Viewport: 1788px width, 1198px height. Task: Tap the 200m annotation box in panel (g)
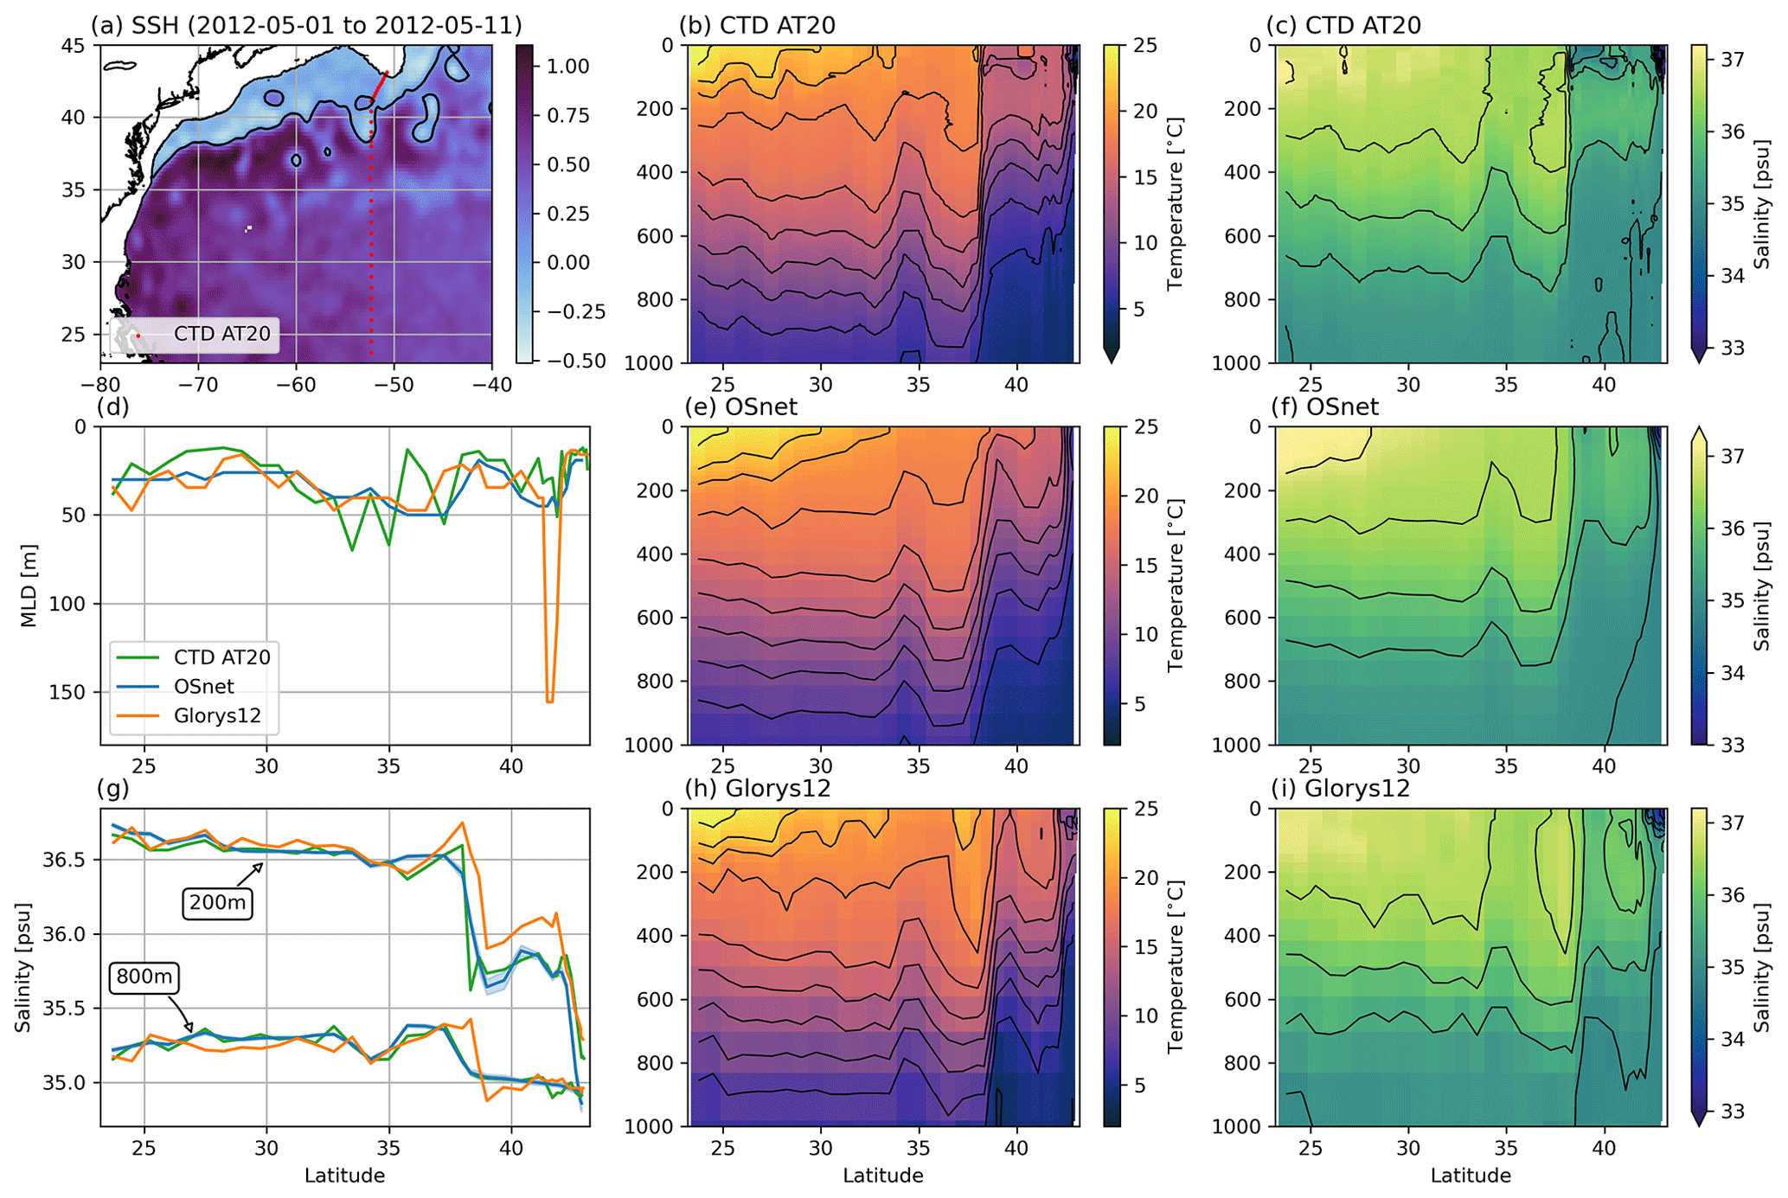coord(217,903)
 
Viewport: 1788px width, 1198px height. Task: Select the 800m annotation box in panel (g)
coord(144,977)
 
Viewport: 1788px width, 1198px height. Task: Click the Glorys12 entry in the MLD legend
coord(217,715)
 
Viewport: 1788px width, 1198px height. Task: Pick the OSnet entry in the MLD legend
coord(204,686)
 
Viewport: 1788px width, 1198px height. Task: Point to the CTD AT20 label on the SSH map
coord(222,334)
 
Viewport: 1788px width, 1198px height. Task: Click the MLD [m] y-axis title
coord(29,586)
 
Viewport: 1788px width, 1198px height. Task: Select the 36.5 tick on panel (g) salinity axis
coord(68,860)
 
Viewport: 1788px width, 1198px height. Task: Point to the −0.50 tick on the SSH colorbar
coord(572,361)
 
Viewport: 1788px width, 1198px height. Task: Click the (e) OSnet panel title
coord(740,407)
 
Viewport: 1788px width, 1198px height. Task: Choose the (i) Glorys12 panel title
coord(1338,789)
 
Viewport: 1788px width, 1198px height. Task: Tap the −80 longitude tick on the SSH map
coord(101,384)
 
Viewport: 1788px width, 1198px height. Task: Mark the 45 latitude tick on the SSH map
coord(75,46)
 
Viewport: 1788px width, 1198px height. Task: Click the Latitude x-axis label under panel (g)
coord(344,1176)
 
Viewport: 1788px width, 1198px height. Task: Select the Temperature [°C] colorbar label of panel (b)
coord(1174,204)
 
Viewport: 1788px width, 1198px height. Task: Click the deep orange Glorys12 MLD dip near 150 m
coord(549,697)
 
